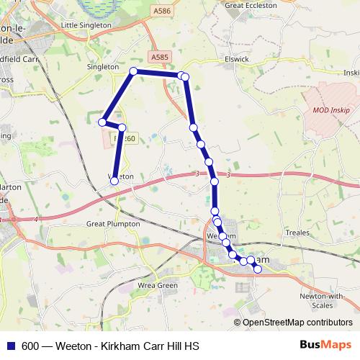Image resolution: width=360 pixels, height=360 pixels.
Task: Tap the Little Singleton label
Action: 87,24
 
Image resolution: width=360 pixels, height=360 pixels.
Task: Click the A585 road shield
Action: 159,56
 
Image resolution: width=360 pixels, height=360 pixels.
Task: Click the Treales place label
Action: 297,233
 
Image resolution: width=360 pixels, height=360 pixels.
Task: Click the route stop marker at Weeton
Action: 114,181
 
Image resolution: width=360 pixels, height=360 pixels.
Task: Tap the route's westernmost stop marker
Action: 103,122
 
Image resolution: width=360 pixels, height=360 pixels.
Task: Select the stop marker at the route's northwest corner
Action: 133,71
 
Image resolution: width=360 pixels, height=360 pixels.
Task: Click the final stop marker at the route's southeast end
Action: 258,269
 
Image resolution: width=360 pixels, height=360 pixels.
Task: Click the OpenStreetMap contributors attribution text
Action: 297,323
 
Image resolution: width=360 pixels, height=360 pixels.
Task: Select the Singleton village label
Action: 102,66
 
